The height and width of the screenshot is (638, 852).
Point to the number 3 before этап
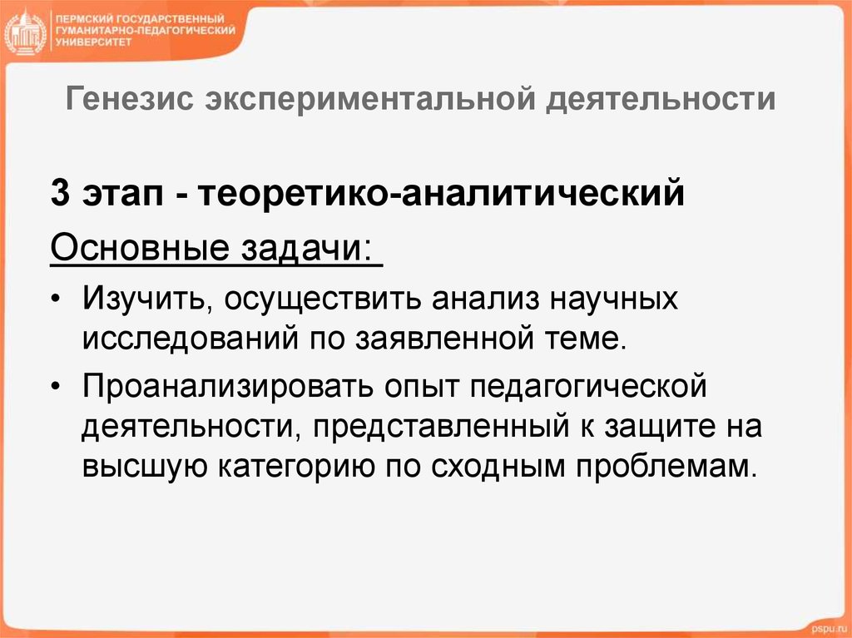[60, 196]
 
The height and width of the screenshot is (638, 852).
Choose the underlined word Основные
[138, 248]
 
